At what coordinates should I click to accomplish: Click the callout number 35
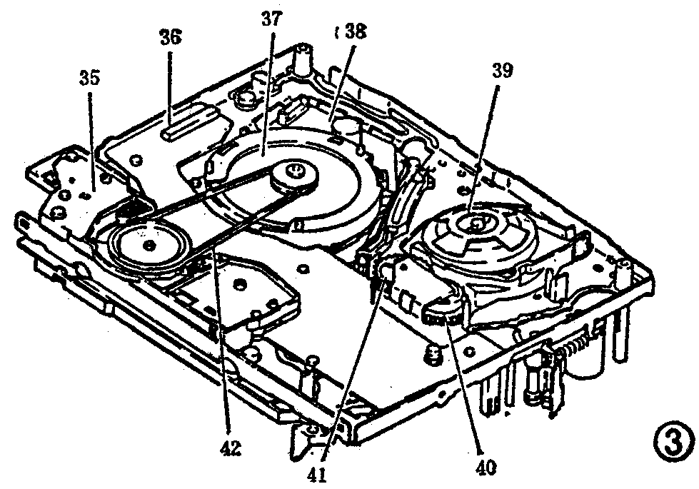[89, 78]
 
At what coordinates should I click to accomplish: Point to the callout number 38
[354, 32]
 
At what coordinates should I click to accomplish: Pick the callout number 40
[488, 468]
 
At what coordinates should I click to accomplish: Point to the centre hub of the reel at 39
[474, 225]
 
